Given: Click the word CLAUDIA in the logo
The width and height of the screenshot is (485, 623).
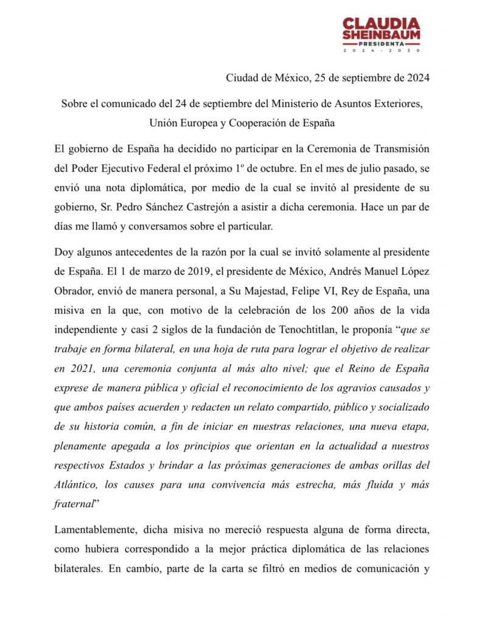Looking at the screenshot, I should tap(381, 23).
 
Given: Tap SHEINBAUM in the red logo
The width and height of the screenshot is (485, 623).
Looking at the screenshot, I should tap(381, 35).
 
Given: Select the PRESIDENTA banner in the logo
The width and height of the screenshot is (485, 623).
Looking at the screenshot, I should tap(381, 44).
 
